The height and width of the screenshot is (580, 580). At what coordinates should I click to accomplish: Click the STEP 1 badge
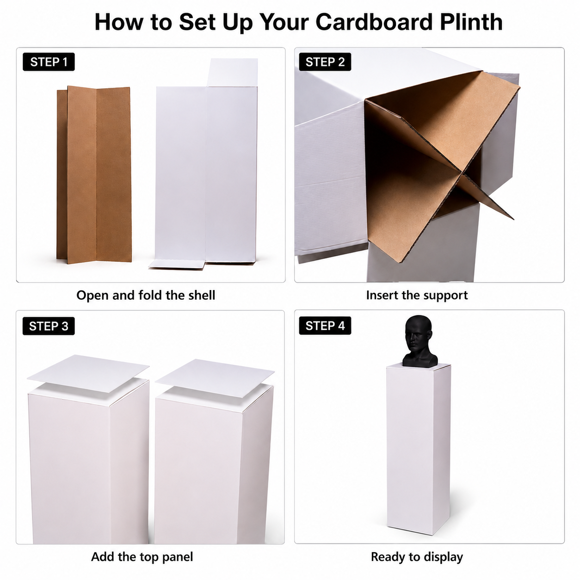click(x=49, y=62)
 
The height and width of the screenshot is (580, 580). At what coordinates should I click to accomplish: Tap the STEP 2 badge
click(x=325, y=62)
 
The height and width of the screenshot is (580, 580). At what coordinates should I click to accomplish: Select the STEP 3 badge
click(x=49, y=326)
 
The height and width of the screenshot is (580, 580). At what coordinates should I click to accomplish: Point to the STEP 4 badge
click(x=325, y=326)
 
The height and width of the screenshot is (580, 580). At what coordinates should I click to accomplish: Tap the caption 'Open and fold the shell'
click(x=146, y=295)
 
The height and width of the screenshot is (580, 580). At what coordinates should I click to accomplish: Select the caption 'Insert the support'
click(x=417, y=295)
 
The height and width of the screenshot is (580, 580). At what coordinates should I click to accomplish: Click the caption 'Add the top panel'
click(x=142, y=549)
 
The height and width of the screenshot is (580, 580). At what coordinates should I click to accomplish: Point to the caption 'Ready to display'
click(x=417, y=549)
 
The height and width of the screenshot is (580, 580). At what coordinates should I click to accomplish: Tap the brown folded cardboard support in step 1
click(x=94, y=174)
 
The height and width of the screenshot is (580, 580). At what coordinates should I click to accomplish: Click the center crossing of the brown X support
click(x=460, y=173)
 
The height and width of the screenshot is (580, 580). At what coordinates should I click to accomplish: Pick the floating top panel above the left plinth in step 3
click(x=88, y=373)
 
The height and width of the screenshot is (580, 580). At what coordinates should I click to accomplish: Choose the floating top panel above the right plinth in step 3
click(x=215, y=378)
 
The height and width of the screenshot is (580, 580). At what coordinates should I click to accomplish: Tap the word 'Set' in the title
click(x=197, y=22)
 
